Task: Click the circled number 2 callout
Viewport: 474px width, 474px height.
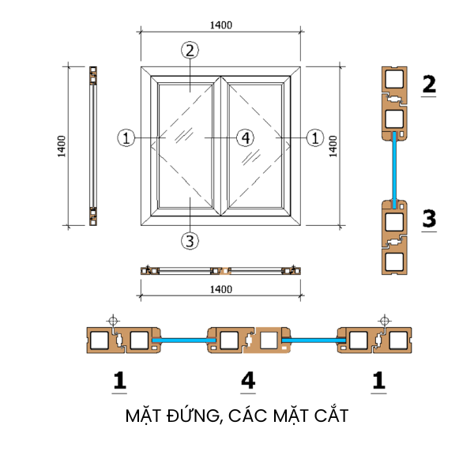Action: click(x=188, y=51)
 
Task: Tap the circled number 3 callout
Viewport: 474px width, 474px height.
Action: click(x=188, y=240)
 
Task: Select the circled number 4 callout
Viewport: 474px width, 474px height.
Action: click(x=245, y=137)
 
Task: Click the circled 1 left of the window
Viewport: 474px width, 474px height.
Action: click(x=125, y=137)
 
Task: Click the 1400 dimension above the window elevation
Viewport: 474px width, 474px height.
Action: click(x=221, y=25)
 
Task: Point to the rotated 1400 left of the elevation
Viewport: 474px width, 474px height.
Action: click(x=62, y=147)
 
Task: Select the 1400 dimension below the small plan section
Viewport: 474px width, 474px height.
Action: click(x=221, y=289)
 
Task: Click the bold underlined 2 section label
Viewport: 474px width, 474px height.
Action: click(x=429, y=84)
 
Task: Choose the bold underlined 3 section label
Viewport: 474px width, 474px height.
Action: click(x=429, y=219)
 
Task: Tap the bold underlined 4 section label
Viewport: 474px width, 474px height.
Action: click(x=248, y=382)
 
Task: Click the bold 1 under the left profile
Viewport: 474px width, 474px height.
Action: click(x=119, y=382)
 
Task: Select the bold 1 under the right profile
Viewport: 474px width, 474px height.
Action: click(x=379, y=382)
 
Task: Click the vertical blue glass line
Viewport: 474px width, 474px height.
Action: click(x=393, y=168)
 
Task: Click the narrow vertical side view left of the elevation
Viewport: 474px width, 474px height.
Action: click(x=93, y=147)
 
